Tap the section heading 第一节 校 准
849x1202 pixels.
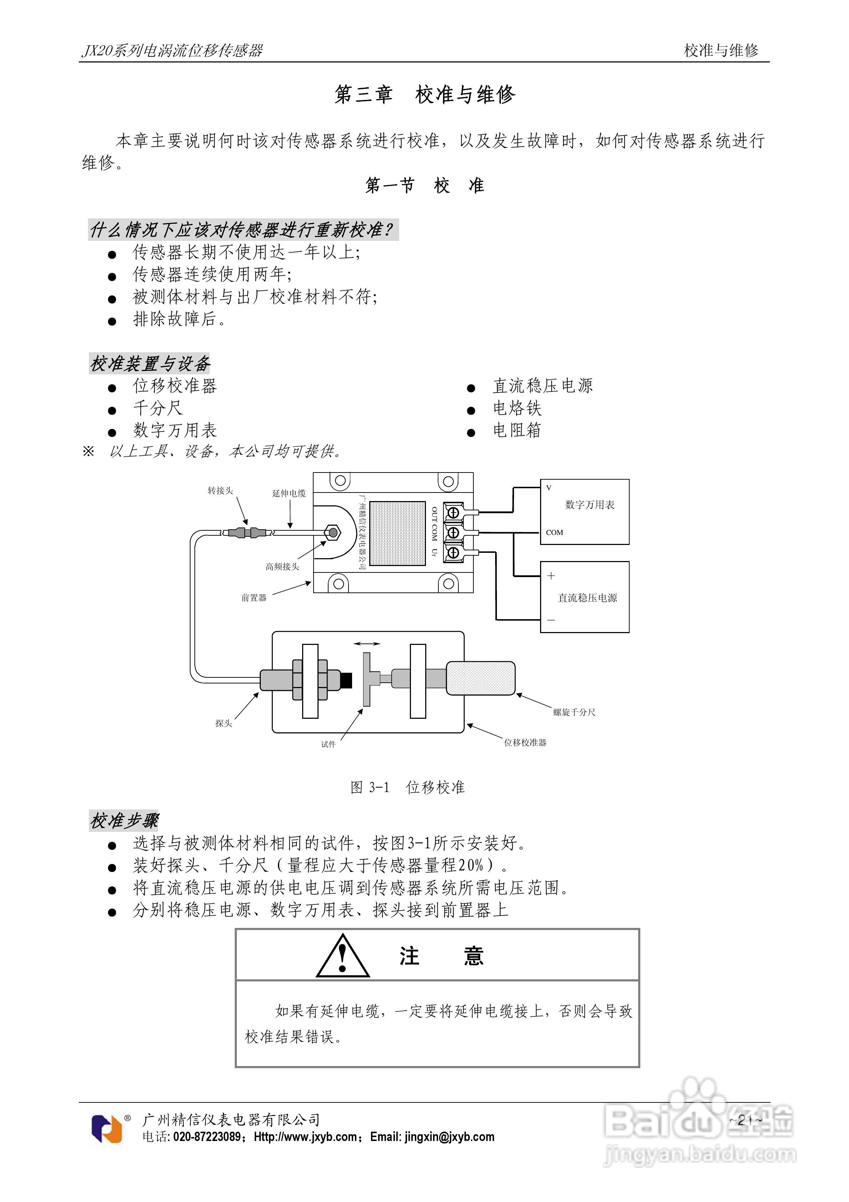tap(424, 185)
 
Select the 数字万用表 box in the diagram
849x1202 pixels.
tap(584, 511)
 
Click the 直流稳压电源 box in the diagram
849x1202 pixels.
tap(584, 597)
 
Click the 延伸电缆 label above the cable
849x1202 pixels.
tap(289, 493)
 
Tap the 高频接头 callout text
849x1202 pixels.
tap(282, 566)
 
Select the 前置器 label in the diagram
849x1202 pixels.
tap(254, 598)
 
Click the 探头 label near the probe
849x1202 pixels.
tap(224, 723)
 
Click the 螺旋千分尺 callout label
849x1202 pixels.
tap(574, 712)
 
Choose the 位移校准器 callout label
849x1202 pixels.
tap(525, 742)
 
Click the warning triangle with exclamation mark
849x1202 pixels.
tap(343, 956)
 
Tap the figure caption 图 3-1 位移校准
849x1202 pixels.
tap(407, 787)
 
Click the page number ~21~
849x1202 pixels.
tap(745, 1120)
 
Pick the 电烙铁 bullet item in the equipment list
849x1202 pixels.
tap(517, 408)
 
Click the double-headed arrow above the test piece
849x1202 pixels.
tap(367, 643)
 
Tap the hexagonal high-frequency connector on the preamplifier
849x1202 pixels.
tap(332, 533)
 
